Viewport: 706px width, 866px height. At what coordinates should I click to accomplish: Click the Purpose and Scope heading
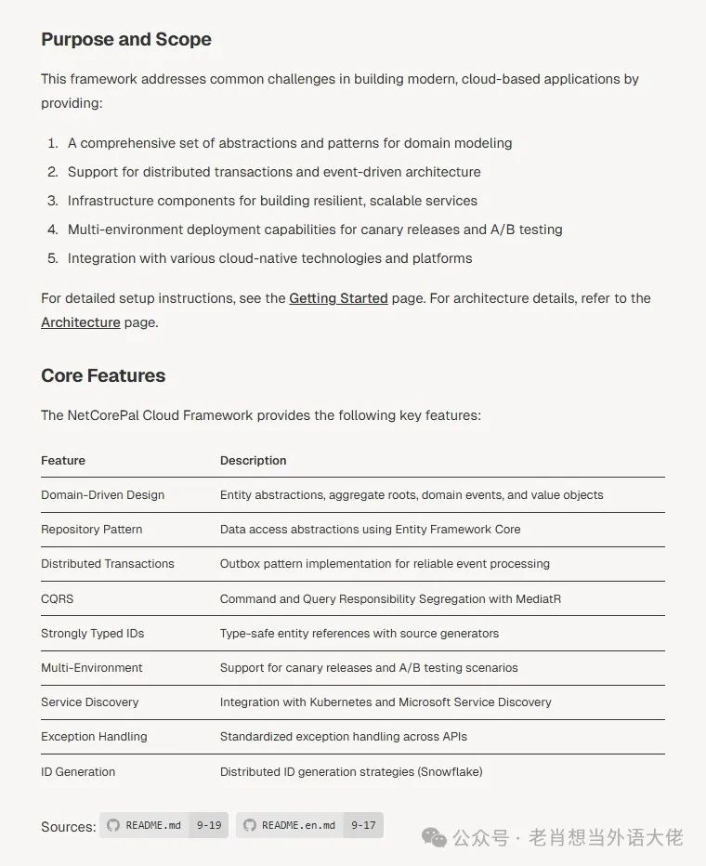[x=126, y=39]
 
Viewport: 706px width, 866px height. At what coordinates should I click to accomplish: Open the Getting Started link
[x=338, y=298]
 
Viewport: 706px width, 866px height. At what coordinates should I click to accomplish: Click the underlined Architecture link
[x=80, y=322]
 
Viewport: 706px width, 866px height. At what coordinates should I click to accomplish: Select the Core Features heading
[x=103, y=375]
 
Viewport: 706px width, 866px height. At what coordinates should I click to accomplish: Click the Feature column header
[x=63, y=460]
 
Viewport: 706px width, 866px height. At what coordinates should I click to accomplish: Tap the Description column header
[x=253, y=460]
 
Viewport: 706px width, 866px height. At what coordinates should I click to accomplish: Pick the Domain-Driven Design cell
[x=102, y=494]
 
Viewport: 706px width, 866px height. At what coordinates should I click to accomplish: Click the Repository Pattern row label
[x=91, y=529]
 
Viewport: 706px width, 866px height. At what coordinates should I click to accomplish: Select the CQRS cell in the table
[x=58, y=598]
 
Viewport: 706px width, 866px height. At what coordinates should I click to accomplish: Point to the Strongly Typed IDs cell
[x=92, y=633]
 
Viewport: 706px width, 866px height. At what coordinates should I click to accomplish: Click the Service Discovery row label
[x=89, y=702]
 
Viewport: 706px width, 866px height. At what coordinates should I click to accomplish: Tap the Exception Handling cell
[x=94, y=736]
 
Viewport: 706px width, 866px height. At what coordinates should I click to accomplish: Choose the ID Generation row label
[x=78, y=771]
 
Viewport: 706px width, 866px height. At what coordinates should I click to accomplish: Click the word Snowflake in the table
[x=451, y=771]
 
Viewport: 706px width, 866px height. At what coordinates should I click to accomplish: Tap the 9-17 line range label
[x=363, y=825]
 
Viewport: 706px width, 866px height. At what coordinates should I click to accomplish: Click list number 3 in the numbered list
[x=53, y=201]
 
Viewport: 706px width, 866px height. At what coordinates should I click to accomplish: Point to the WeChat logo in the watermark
[x=434, y=837]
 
